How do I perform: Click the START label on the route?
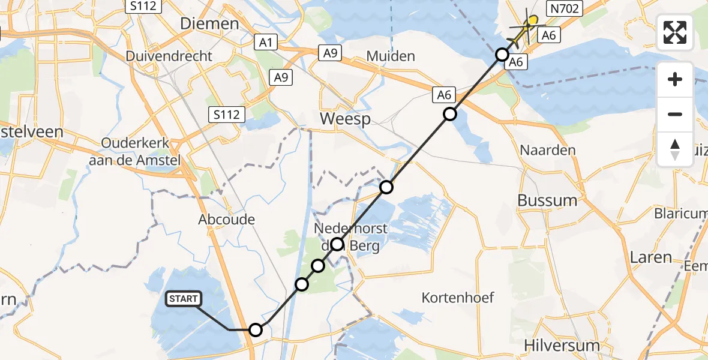click(x=183, y=299)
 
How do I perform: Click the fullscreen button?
click(x=675, y=32)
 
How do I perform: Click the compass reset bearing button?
click(x=675, y=149)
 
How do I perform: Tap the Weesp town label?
click(x=343, y=118)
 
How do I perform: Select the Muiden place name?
click(x=391, y=56)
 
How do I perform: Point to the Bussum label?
click(x=547, y=200)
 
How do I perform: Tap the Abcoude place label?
click(x=227, y=220)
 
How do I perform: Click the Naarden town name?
click(x=548, y=150)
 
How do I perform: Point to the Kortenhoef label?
click(x=449, y=297)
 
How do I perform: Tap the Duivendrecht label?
click(x=169, y=56)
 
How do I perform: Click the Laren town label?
click(x=650, y=257)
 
